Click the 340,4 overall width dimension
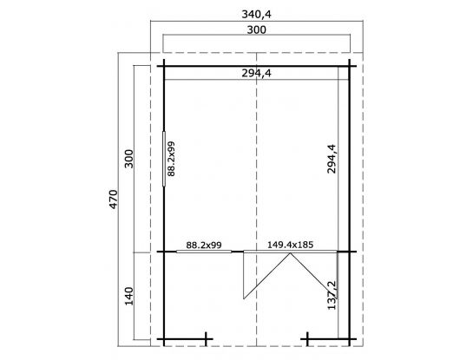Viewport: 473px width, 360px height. click(256, 14)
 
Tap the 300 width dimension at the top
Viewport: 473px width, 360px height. click(257, 29)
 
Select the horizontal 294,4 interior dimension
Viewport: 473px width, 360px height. click(256, 73)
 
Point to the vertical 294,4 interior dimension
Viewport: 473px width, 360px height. click(332, 159)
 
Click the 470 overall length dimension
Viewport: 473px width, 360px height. click(114, 199)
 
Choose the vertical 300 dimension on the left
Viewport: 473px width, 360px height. click(128, 159)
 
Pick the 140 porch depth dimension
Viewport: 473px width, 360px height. click(128, 296)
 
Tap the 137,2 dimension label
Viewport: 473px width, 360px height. click(332, 295)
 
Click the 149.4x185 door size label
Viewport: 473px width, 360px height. click(290, 245)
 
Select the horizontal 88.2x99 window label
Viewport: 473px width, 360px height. click(204, 245)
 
